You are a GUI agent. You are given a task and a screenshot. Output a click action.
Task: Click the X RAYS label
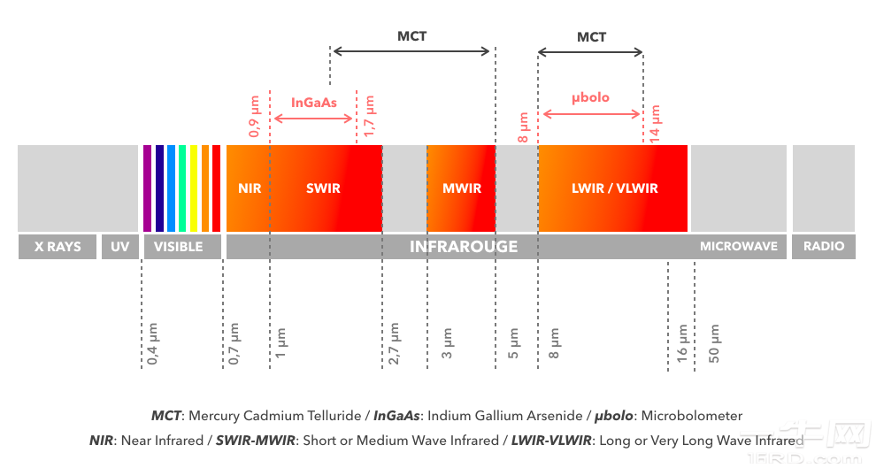(58, 247)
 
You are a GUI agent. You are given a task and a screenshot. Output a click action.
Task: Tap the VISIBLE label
(178, 247)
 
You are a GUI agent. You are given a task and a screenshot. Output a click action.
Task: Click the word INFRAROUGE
(463, 247)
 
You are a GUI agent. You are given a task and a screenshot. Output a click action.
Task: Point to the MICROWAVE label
(738, 247)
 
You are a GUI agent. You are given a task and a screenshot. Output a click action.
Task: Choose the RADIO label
(823, 247)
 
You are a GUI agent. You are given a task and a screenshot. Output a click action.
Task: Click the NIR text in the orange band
(250, 188)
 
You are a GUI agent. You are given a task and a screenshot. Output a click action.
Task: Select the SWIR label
(323, 188)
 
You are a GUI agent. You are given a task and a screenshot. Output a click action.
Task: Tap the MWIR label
(461, 188)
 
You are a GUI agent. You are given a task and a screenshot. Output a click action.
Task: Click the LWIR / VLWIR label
(614, 188)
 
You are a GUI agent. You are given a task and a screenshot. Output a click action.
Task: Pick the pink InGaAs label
(313, 103)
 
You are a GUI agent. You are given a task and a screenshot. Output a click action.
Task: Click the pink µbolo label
(589, 97)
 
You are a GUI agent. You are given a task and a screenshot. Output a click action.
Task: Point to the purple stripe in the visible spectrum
(148, 188)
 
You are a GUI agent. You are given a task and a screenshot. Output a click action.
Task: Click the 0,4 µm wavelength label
(153, 344)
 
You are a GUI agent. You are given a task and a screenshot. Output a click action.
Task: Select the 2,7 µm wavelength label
(394, 344)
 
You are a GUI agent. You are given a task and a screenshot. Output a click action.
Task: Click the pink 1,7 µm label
(370, 118)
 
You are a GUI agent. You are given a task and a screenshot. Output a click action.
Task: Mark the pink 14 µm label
(655, 123)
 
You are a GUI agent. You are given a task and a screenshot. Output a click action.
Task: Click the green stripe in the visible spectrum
(182, 188)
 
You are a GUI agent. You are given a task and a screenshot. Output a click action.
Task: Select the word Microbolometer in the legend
(692, 416)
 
